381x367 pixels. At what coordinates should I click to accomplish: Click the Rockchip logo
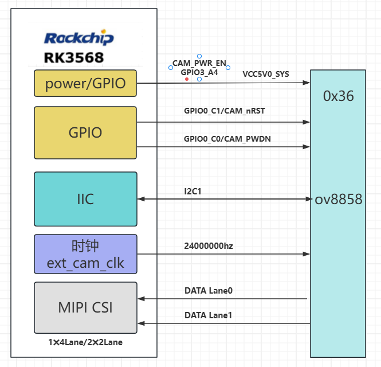pos(78,38)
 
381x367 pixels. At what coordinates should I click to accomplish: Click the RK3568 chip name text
pos(73,58)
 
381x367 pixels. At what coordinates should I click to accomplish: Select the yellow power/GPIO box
pos(85,83)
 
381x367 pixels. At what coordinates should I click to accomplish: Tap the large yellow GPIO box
pos(85,132)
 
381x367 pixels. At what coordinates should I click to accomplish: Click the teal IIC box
pos(85,199)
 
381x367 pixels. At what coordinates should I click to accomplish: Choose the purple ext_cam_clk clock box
pos(85,255)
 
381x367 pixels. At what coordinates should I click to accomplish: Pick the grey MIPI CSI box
pos(85,307)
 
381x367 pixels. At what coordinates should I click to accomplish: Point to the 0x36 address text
pos(338,96)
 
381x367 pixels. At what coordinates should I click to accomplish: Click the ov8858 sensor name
pos(338,199)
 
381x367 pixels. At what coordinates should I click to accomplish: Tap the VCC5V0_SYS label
pos(265,74)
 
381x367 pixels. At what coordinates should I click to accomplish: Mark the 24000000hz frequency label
pos(209,246)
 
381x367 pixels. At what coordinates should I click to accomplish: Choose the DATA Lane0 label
pos(208,291)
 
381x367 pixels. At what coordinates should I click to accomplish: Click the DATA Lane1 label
pos(208,315)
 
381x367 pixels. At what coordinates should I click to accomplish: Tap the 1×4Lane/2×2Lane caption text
pos(85,342)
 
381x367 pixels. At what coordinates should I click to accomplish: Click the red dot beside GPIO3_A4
pos(187,79)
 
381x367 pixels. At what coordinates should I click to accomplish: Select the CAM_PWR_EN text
pos(199,63)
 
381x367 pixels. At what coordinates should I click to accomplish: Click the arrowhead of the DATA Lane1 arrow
pos(141,323)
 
